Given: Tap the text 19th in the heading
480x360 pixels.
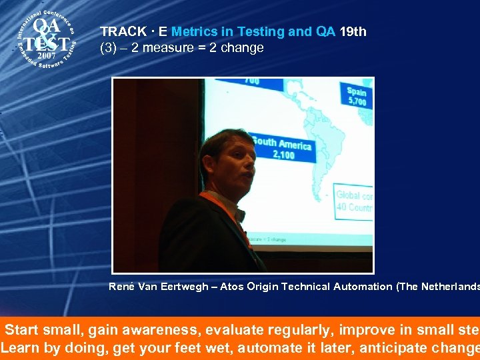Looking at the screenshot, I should [353, 32].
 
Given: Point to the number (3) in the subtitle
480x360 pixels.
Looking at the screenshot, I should [108, 48].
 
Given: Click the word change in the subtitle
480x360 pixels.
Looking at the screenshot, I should [244, 48].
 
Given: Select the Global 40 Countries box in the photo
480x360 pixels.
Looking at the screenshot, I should [353, 201].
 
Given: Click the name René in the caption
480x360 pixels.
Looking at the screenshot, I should [123, 287].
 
